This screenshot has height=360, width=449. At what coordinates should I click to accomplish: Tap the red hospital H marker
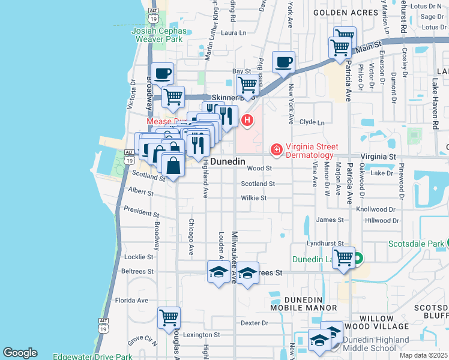(x=247, y=121)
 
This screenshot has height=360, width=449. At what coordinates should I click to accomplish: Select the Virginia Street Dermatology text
(x=312, y=151)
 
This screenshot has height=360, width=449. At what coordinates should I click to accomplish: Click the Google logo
(x=20, y=353)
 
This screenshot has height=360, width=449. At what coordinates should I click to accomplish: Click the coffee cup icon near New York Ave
(x=283, y=61)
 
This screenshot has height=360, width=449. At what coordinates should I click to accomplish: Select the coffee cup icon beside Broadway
(x=162, y=74)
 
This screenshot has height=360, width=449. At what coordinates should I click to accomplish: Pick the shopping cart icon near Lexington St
(x=169, y=317)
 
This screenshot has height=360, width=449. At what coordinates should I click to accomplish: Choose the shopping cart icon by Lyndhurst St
(x=343, y=258)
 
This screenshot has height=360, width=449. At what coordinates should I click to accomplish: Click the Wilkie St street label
(x=255, y=197)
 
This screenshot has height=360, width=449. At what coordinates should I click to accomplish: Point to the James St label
(x=330, y=220)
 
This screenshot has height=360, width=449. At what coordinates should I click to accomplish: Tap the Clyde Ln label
(x=312, y=122)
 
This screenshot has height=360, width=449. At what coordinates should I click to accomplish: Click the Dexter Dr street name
(x=253, y=322)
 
